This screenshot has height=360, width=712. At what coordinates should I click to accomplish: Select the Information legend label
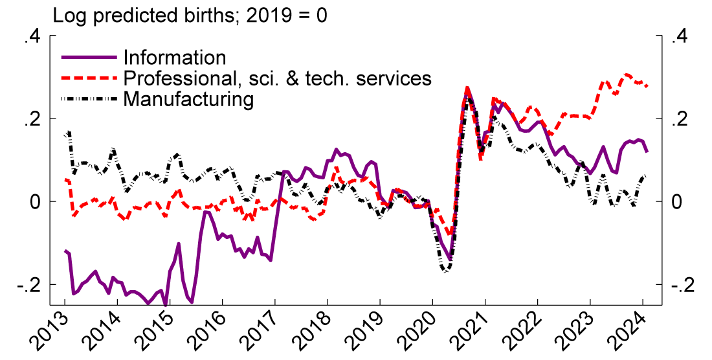point(175,58)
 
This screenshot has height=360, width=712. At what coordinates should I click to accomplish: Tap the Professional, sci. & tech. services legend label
point(277,78)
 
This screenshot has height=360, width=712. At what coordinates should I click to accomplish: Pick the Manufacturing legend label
point(188,99)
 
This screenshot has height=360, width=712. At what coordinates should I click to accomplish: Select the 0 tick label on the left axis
point(36,202)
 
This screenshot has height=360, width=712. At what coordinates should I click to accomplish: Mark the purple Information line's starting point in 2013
point(65,251)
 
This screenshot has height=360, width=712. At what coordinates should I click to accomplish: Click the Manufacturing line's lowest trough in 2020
point(445,271)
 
